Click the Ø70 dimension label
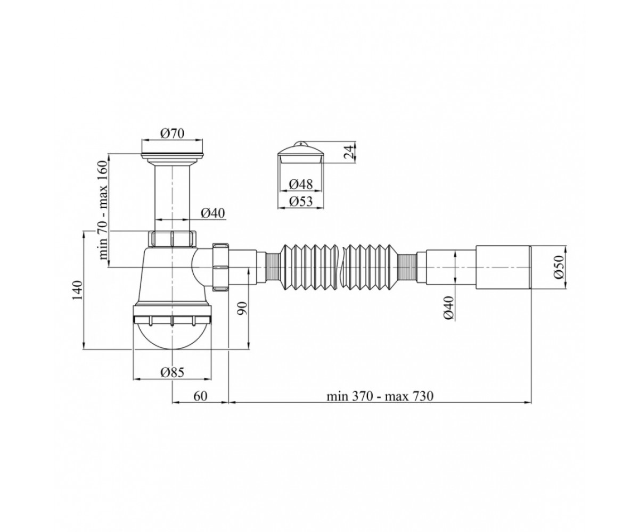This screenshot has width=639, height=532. (x=173, y=134)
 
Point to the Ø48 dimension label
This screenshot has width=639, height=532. (x=301, y=185)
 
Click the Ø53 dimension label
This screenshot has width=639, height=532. (x=301, y=202)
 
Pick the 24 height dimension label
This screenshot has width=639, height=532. (x=349, y=152)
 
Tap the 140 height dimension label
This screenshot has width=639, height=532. (x=77, y=289)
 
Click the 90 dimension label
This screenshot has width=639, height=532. (x=242, y=309)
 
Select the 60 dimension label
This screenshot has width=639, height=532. (x=200, y=396)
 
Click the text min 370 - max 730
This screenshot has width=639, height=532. (x=380, y=396)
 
